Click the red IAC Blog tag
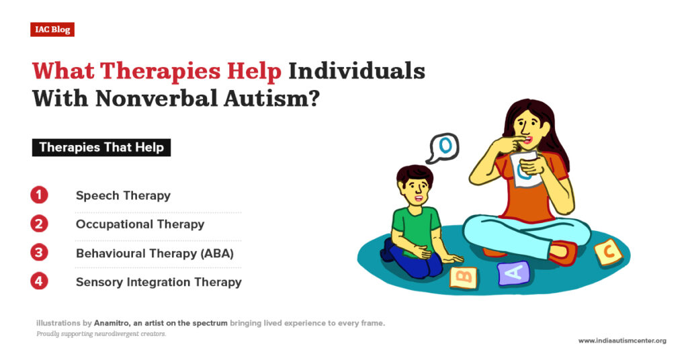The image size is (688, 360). tap(52, 30)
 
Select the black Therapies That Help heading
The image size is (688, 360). tap(101, 147)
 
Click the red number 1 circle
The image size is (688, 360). tap(40, 195)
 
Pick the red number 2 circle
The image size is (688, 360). tap(40, 224)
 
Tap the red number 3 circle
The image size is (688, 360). tap(40, 253)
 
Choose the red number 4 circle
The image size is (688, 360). tap(40, 281)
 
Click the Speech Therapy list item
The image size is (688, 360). tap(123, 196)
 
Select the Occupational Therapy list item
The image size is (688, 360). tap(140, 224)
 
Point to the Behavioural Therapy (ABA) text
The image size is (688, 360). tap(155, 253)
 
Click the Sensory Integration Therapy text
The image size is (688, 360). tap(159, 282)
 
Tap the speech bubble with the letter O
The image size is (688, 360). tap(443, 147)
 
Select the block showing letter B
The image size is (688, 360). tap(463, 276)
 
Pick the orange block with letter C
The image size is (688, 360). tap(607, 253)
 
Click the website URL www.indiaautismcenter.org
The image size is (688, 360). tap(622, 341)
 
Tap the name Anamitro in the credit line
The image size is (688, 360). tap(112, 323)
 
